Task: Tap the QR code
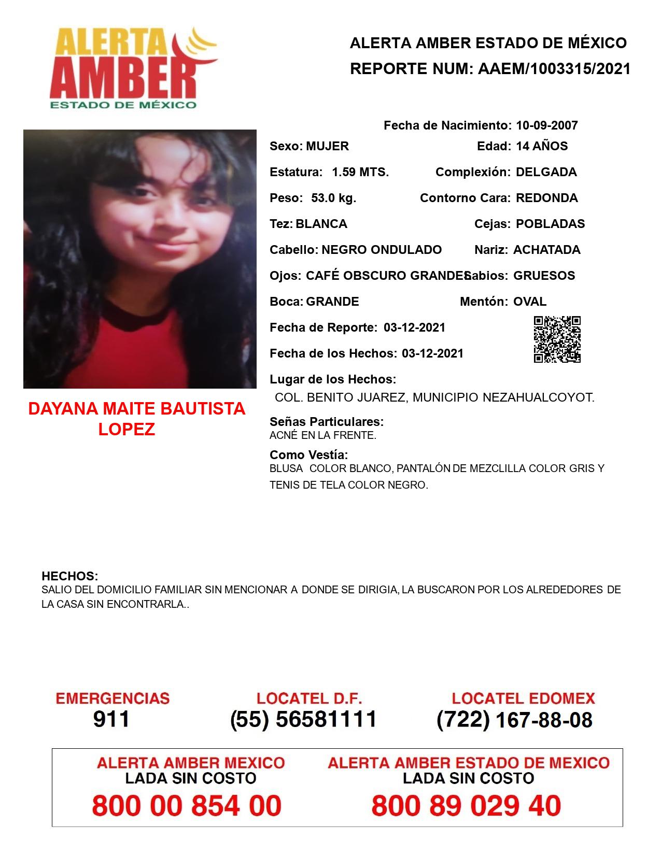pyautogui.click(x=557, y=339)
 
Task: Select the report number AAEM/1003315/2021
pyautogui.click(x=554, y=69)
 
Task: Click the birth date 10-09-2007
pyautogui.click(x=546, y=125)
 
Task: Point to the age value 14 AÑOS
pyautogui.click(x=542, y=146)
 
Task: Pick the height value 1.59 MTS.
pyautogui.click(x=360, y=172)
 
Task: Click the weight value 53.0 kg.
pyautogui.click(x=333, y=198)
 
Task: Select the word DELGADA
pyautogui.click(x=546, y=172)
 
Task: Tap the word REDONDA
pyautogui.click(x=546, y=198)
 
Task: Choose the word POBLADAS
pyautogui.click(x=550, y=224)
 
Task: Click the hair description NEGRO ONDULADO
pyautogui.click(x=382, y=250)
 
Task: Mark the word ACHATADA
pyautogui.click(x=546, y=250)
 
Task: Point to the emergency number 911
pyautogui.click(x=111, y=719)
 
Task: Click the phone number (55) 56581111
pyautogui.click(x=303, y=719)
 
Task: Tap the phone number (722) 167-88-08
pyautogui.click(x=514, y=720)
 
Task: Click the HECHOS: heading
pyautogui.click(x=70, y=576)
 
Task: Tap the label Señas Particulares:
pyautogui.click(x=327, y=422)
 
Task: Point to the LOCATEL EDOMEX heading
pyautogui.click(x=523, y=699)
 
